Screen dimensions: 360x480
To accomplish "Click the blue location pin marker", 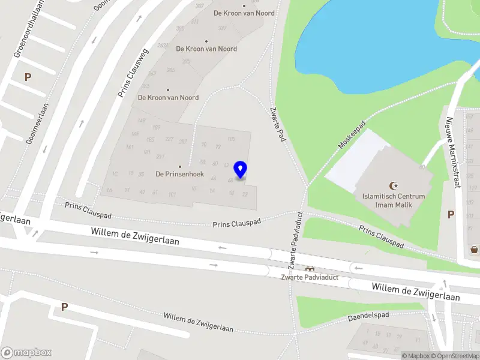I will (x=241, y=170).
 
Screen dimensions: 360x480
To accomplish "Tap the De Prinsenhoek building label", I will (x=180, y=175).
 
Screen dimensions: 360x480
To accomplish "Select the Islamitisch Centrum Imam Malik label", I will (x=394, y=200).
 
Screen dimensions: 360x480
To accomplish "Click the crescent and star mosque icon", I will (x=394, y=186).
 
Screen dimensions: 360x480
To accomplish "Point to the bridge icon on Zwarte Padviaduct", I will (x=310, y=268).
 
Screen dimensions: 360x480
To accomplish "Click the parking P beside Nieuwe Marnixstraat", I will (x=451, y=214).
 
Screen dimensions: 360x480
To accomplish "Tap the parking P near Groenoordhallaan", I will (x=28, y=77).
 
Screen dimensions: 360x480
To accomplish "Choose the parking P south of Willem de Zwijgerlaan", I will (x=64, y=307).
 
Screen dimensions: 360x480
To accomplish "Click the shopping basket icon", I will (x=474, y=250).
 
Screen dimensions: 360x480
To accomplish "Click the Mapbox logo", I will (x=26, y=353).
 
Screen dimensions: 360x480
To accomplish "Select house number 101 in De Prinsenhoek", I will (x=172, y=194).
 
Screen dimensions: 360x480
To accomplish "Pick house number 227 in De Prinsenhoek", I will (x=169, y=140).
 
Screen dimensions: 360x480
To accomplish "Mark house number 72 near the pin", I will (x=218, y=146).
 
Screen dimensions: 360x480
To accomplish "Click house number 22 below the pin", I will (x=245, y=194).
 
